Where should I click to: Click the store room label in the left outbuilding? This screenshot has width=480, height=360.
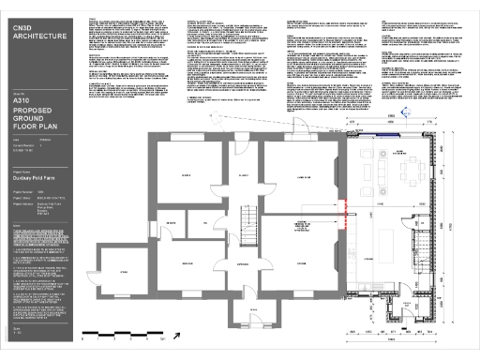[x=123, y=273]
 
